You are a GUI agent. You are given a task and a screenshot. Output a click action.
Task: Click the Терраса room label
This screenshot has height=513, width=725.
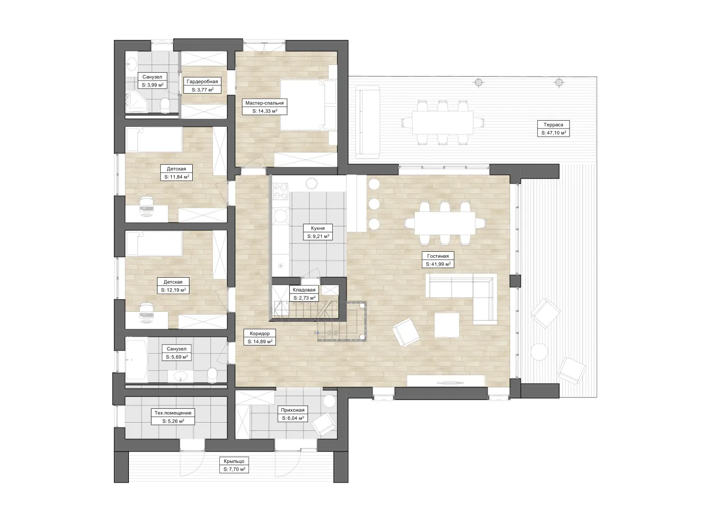tap(553, 125)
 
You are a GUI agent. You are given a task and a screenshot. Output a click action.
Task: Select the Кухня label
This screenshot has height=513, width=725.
tap(317, 228)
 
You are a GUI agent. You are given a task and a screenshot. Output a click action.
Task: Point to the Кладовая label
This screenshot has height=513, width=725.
tap(304, 290)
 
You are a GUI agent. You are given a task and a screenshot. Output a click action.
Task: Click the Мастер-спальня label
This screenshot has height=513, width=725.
tap(264, 103)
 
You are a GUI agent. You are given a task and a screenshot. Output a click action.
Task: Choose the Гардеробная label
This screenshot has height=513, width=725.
tap(202, 81)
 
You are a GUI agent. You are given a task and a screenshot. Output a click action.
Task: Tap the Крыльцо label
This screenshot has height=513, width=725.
tap(234, 461)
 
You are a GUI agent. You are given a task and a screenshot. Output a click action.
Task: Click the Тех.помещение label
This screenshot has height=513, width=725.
tap(173, 413)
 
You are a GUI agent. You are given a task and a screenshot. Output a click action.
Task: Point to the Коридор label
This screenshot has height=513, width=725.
tap(259, 333)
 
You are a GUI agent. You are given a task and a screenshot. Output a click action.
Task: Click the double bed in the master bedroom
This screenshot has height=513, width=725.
tap(308, 105)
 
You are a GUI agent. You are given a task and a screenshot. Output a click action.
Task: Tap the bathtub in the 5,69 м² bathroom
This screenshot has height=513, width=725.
tap(137, 360)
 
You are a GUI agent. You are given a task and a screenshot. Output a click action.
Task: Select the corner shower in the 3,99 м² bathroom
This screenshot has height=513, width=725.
tap(136, 102)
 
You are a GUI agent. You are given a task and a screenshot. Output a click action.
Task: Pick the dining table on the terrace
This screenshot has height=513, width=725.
tap(442, 123)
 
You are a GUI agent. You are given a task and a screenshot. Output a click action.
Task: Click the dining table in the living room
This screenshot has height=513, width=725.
tap(445, 223)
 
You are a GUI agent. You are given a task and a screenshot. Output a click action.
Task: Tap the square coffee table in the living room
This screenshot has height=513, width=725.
tap(447, 325)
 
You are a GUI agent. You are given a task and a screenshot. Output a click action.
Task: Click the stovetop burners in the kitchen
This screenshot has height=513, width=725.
tap(280, 191)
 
